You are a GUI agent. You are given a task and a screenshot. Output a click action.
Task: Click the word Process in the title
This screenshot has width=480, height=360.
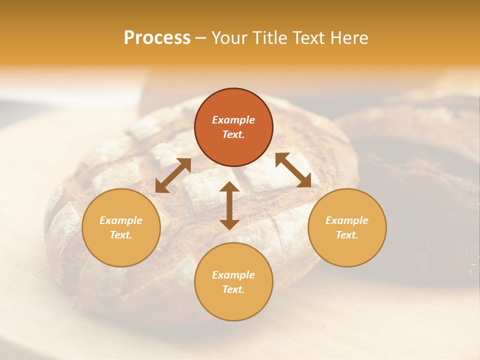tap(157, 38)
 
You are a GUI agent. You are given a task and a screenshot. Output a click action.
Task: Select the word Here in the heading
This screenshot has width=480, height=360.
tap(348, 38)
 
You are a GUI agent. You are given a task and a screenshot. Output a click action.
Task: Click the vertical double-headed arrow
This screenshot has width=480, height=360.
tap(229, 205)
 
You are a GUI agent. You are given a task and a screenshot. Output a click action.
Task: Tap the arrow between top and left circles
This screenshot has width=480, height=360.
tap(173, 175)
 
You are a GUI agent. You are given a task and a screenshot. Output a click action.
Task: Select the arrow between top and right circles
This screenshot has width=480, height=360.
tap(293, 170)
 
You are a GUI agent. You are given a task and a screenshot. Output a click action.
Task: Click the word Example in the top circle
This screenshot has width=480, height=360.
tap(233, 120)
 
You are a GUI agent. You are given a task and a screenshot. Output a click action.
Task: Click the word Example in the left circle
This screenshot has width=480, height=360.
tap(121, 220)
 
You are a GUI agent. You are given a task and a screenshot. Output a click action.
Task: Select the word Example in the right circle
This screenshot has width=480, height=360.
tap(347, 220)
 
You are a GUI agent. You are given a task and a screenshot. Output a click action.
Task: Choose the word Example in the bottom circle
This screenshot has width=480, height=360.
tap(233, 275)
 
